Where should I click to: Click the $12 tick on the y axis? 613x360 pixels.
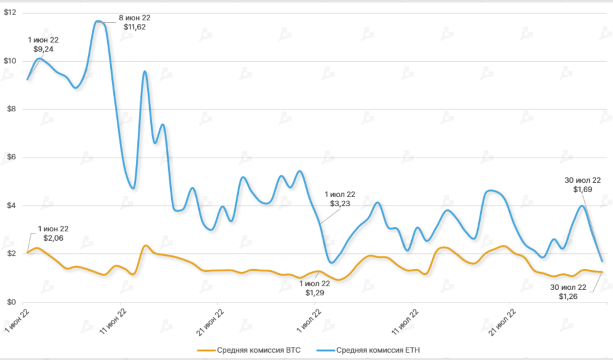coord(10,13)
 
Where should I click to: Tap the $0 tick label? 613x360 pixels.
coord(10,302)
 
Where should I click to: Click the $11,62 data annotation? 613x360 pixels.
coord(133,27)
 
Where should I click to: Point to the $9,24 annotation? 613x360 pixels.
coord(43,49)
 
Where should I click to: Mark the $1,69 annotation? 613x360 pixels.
coord(582,189)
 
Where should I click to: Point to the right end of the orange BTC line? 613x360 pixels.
coord(602,272)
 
